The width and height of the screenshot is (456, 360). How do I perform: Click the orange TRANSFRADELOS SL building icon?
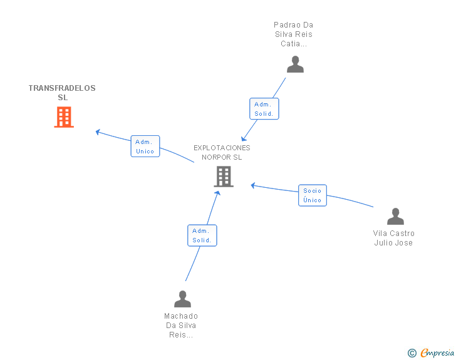[x=64, y=117]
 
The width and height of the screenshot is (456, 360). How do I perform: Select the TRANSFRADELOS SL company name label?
[x=62, y=93]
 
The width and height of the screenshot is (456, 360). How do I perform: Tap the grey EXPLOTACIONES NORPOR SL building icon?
[x=224, y=177]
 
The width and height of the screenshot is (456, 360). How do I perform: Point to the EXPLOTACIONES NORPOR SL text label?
[x=222, y=152]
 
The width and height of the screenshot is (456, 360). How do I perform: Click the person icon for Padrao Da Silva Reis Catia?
[x=295, y=64]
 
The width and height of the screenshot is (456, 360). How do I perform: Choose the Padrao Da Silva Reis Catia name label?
[x=293, y=34]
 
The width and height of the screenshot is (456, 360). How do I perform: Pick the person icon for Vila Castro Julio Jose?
[x=395, y=217]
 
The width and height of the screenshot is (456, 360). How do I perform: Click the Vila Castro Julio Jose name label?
[x=393, y=238]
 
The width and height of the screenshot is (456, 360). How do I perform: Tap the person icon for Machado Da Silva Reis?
[x=182, y=299]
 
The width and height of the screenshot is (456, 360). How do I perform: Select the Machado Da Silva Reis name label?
[x=181, y=325]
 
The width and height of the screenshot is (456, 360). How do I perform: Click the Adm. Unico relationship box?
[x=145, y=146]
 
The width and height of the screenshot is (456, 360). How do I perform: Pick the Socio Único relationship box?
[x=312, y=195]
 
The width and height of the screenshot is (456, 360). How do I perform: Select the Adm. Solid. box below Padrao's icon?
[x=264, y=109]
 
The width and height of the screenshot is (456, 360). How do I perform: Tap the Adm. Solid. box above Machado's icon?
[x=202, y=235]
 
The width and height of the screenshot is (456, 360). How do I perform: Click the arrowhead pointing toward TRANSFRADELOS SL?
[x=98, y=131]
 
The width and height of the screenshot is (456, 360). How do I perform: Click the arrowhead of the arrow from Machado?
[x=218, y=193]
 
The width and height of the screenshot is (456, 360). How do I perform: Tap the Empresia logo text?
[x=437, y=353]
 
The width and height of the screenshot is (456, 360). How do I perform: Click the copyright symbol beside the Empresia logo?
[x=412, y=353]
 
